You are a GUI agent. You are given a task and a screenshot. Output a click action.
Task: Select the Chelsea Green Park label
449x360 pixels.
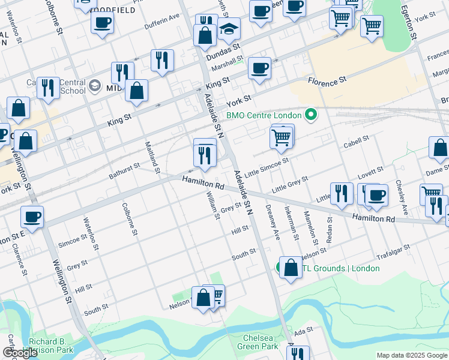261,342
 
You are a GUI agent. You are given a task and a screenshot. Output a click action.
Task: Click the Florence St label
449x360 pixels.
327,80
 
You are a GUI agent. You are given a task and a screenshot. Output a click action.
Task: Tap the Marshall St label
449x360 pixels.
226,64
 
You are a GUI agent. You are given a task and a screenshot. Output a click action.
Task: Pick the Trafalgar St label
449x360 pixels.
394,251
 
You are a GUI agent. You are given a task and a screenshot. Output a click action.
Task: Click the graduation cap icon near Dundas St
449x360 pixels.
229,29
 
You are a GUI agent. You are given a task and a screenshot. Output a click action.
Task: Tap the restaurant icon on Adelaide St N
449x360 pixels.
205,155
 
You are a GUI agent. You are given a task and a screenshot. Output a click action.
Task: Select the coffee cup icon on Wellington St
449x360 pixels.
32,217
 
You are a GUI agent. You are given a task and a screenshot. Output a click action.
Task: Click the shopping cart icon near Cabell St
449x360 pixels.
282,137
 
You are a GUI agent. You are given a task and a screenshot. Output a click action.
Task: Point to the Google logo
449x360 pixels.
20,353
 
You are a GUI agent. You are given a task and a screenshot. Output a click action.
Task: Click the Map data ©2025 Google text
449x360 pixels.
412,355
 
